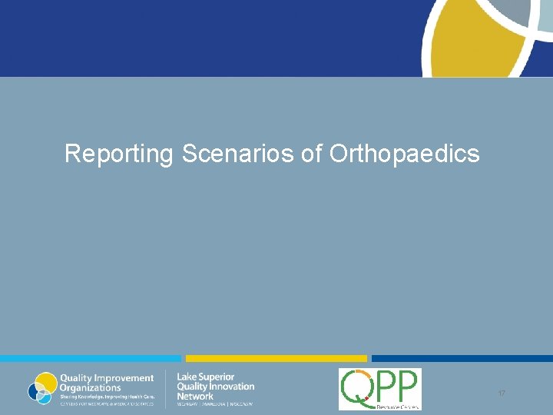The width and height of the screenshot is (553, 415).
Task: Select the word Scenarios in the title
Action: click(239, 154)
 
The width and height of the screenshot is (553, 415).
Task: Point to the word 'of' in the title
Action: click(312, 154)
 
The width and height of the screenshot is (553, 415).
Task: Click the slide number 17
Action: click(501, 393)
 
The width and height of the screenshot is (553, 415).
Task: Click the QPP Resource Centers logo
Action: click(379, 389)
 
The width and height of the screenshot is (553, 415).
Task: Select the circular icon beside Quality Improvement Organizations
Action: click(42, 387)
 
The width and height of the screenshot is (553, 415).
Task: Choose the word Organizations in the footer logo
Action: click(91, 387)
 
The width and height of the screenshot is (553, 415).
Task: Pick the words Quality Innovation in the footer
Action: click(215, 387)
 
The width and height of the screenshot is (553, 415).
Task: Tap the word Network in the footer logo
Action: click(195, 396)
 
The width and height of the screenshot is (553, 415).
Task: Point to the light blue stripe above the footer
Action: click(90, 358)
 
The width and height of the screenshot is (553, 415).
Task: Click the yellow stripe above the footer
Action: click(276, 358)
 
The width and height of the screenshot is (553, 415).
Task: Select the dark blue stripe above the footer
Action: click(462, 358)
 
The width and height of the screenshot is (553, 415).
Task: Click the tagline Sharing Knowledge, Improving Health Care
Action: click(108, 396)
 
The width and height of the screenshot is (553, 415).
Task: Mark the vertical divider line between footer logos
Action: click(166, 388)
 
